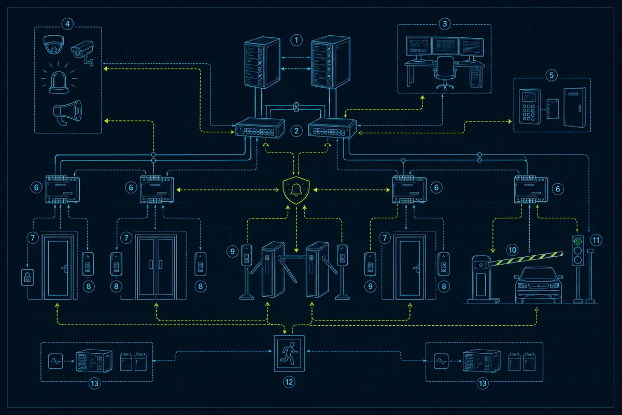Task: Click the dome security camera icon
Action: (53, 45)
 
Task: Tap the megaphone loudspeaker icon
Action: (68, 112)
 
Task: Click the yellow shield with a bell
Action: (296, 190)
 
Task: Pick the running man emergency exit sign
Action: (289, 353)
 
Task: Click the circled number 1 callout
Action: (296, 40)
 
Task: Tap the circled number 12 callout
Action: (289, 382)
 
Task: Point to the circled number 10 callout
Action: (512, 250)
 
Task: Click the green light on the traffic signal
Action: (578, 241)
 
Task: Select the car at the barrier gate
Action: (538, 285)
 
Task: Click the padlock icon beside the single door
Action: (27, 277)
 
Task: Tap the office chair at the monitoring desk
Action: (445, 72)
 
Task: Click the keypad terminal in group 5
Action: (530, 106)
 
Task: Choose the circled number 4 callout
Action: (67, 24)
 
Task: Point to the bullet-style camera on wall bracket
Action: (83, 53)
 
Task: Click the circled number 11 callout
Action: (596, 240)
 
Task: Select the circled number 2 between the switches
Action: (296, 131)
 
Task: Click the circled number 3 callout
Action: (445, 24)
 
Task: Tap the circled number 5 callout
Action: (552, 75)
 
